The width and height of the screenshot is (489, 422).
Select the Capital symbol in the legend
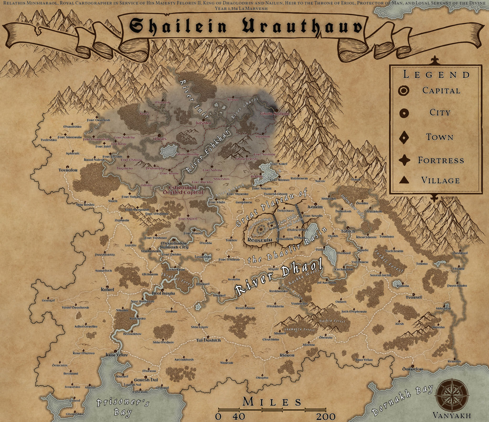(404, 90)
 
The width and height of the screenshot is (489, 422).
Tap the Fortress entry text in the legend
(441, 160)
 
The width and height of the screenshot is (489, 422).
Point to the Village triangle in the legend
(404, 180)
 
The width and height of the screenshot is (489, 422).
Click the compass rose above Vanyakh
(449, 394)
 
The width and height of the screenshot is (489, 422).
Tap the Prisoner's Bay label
(123, 406)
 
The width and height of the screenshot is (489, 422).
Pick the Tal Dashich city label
(209, 340)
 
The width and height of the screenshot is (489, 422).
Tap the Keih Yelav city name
(117, 355)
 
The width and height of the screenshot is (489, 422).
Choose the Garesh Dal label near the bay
(146, 380)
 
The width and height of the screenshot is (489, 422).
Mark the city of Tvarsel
(414, 297)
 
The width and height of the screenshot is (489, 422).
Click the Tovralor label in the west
(68, 170)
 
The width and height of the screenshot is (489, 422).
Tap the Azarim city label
(315, 208)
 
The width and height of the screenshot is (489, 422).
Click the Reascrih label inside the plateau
(259, 240)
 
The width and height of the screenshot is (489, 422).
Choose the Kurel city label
(107, 289)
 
